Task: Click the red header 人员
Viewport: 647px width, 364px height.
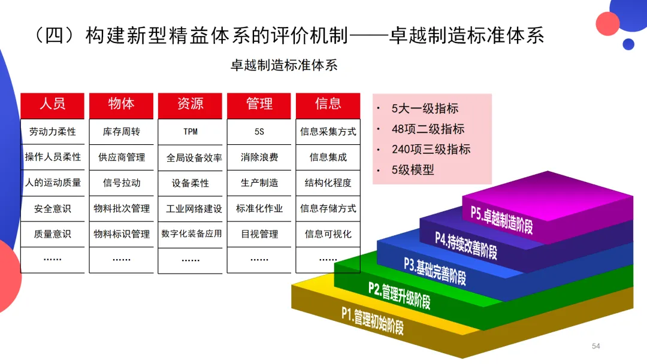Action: tap(53, 104)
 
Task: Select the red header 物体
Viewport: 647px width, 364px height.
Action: tap(122, 104)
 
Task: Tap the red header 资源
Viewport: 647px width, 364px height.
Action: tap(191, 104)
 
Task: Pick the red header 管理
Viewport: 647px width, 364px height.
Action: tap(259, 104)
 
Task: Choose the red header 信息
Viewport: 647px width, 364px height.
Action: tap(328, 104)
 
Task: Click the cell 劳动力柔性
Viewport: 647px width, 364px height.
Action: tap(53, 132)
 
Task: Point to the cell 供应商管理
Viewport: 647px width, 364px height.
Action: tap(122, 157)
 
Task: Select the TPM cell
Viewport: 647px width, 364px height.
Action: tap(191, 132)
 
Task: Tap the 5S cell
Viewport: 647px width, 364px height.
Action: tap(259, 132)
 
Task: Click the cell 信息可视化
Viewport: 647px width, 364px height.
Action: tap(328, 234)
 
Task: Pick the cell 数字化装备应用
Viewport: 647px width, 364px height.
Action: tap(191, 234)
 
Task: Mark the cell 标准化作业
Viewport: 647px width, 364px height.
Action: tap(259, 208)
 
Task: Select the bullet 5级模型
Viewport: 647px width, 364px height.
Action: tap(413, 170)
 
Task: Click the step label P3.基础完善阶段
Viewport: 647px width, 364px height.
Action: tap(435, 271)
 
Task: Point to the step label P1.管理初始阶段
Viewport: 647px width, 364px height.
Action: tap(373, 320)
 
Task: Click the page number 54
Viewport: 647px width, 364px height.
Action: tap(595, 346)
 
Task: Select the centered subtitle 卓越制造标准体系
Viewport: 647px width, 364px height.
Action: tap(284, 65)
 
